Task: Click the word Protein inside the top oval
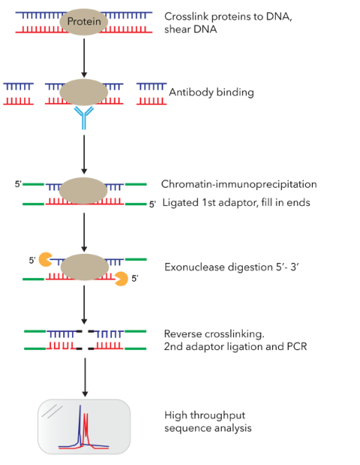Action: [x=83, y=22]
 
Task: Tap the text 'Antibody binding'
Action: [x=211, y=92]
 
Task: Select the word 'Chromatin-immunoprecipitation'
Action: [x=238, y=184]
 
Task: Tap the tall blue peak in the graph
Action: [x=80, y=427]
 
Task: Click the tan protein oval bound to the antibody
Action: [x=84, y=92]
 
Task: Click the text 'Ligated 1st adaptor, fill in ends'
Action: [x=236, y=203]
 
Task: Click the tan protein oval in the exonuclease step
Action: [x=84, y=267]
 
